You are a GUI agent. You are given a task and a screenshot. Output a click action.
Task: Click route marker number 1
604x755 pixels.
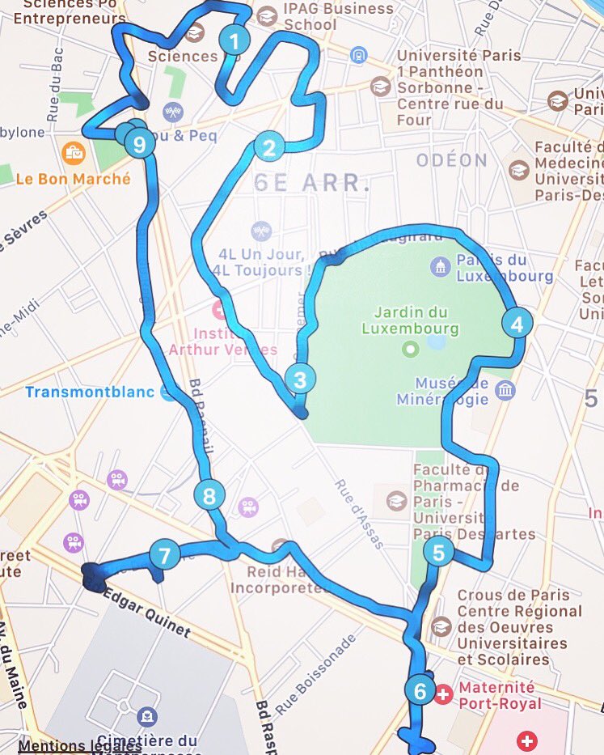[x=234, y=40]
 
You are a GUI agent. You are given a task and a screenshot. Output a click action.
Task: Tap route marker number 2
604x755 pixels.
[x=268, y=147]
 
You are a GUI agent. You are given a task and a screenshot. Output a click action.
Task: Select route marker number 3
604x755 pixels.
[x=300, y=379]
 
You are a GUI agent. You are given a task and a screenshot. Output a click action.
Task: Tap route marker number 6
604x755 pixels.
[x=420, y=692]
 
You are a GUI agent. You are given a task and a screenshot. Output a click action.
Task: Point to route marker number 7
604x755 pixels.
[x=165, y=556]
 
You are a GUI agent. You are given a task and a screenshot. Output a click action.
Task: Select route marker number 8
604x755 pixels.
[x=209, y=495]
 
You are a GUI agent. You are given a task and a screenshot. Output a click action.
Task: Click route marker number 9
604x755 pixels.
[x=140, y=145]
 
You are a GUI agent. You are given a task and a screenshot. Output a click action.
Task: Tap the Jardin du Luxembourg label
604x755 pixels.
[x=410, y=320]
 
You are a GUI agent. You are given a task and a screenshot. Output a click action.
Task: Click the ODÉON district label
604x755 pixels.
[x=452, y=160]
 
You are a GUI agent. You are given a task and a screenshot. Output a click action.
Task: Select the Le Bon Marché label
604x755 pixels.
[x=73, y=179]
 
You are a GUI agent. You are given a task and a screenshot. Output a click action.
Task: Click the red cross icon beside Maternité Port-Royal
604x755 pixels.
[x=443, y=693]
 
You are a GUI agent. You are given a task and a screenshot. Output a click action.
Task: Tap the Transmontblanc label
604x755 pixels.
[x=91, y=392]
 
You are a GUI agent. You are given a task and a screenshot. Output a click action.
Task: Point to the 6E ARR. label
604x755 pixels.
[x=312, y=183]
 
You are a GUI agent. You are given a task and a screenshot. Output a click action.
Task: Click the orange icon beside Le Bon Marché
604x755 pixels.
[x=74, y=151]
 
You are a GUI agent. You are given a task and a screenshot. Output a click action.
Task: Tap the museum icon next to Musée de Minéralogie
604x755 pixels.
[x=505, y=391]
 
